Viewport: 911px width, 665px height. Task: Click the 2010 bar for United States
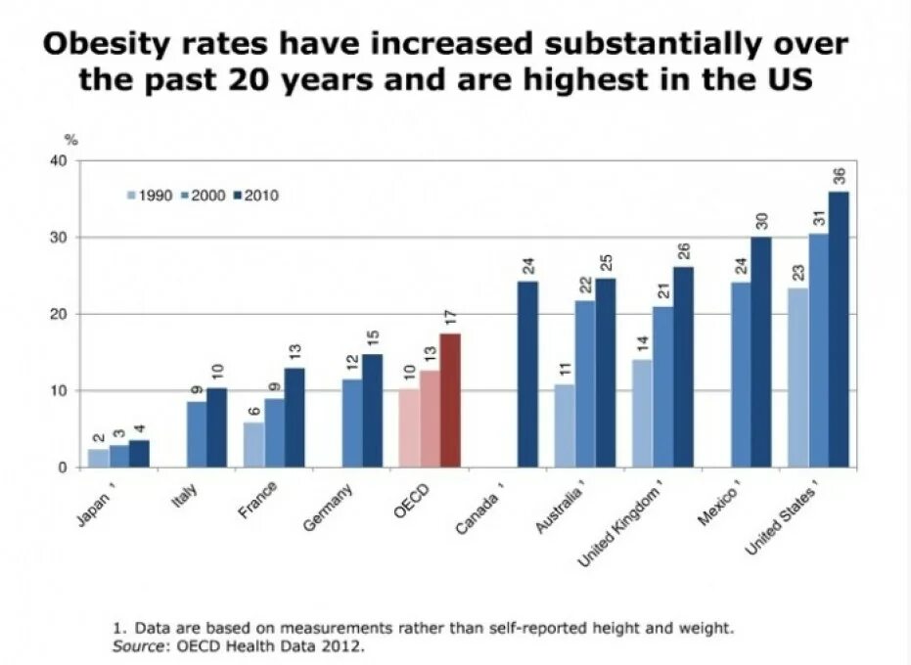point(839,330)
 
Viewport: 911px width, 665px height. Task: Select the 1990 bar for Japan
point(98,458)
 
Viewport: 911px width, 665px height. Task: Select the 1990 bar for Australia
point(565,425)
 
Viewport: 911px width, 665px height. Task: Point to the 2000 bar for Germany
point(352,423)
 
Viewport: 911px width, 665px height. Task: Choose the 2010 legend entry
point(257,196)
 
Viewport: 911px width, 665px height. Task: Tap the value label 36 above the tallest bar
point(839,176)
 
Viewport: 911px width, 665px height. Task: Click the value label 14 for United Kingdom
point(643,345)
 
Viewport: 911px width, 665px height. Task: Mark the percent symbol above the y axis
point(70,143)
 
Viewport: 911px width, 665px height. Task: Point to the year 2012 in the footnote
point(343,646)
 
